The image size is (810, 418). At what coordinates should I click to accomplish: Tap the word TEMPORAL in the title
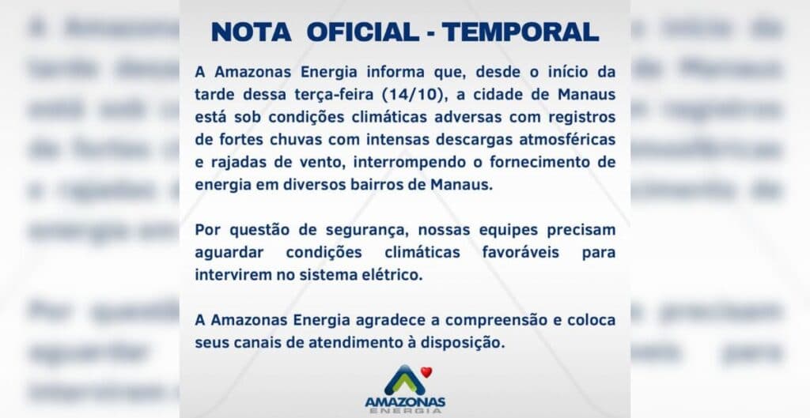click(520, 32)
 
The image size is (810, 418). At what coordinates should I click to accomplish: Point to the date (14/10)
click(410, 96)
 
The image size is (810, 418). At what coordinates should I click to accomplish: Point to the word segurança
click(374, 230)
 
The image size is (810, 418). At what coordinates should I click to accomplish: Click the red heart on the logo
click(426, 371)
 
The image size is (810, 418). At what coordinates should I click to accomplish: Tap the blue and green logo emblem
click(404, 380)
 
